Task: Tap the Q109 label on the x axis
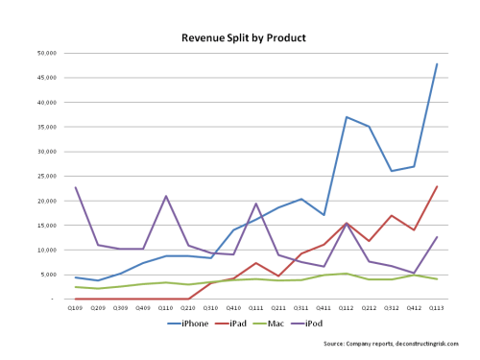(75, 308)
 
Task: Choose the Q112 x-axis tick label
(347, 308)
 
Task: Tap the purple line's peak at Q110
(165, 196)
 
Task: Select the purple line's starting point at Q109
(75, 187)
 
